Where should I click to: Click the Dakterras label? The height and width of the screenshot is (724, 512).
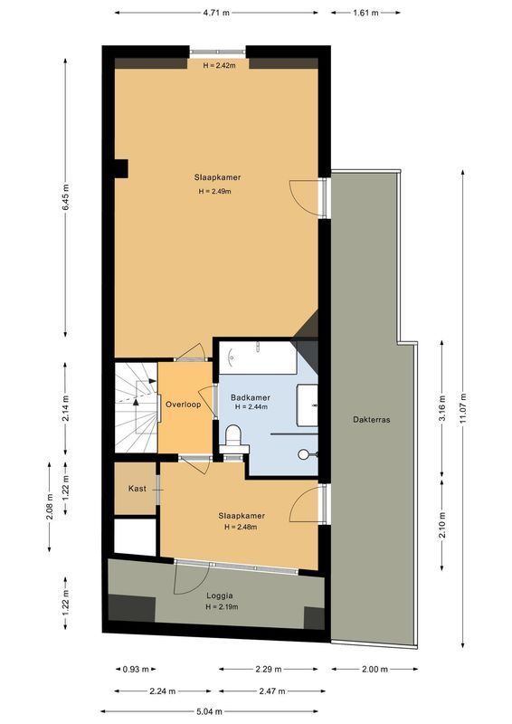(372, 420)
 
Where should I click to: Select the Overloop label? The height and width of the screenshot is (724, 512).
(183, 405)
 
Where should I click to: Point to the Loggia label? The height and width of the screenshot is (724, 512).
(220, 596)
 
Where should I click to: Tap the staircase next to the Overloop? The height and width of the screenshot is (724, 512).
(135, 404)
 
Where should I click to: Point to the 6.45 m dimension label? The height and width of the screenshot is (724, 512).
(66, 196)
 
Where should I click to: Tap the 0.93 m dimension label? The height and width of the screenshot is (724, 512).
(137, 670)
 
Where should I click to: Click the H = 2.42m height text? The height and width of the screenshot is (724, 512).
(219, 66)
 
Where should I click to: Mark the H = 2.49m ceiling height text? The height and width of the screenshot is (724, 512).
(214, 192)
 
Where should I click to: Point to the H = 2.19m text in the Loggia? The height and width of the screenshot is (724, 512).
(222, 607)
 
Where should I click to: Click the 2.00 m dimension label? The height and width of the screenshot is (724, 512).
(374, 670)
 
